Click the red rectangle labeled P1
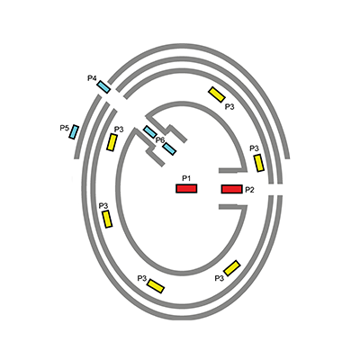pos(186,188)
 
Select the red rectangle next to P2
pos(231,189)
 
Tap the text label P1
pos(186,179)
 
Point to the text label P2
pos(249,190)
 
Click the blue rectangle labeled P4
pos(103,87)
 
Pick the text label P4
pos(92,78)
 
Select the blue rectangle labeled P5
pos(74,132)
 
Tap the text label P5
pos(65,129)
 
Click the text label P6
pos(160,139)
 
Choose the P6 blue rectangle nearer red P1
pos(169,148)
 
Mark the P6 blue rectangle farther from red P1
pos(150,132)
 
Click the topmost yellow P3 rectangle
pos(217,94)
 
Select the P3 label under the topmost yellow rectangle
pos(229,107)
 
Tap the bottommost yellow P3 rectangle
pos(156,286)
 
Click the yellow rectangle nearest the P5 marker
pos(112,142)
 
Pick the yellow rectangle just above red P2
pos(259,163)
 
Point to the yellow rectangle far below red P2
pos(232,268)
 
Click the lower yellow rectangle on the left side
pos(107,219)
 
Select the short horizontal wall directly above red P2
pos(233,171)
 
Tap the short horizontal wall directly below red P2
pos(233,207)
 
